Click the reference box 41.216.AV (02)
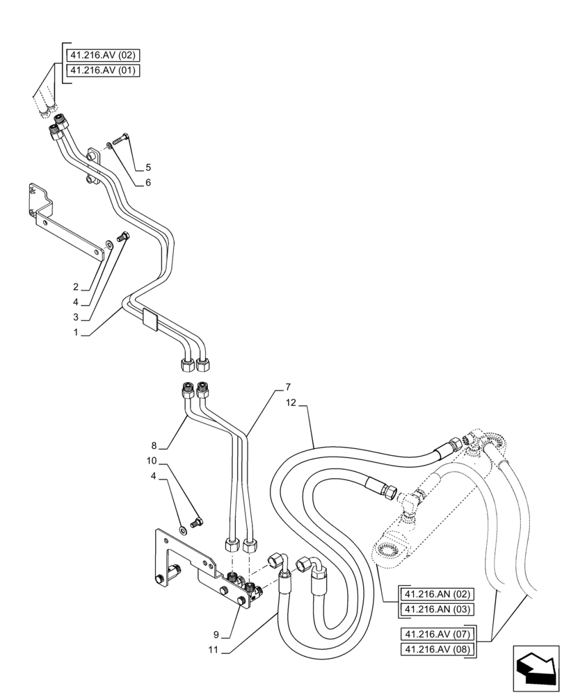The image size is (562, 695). [104, 55]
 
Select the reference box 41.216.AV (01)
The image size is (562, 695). [104, 70]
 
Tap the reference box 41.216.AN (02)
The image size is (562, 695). [437, 595]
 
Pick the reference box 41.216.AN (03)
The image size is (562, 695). [437, 610]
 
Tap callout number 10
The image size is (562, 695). [151, 461]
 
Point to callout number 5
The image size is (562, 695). [148, 167]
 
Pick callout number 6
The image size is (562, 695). [147, 183]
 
